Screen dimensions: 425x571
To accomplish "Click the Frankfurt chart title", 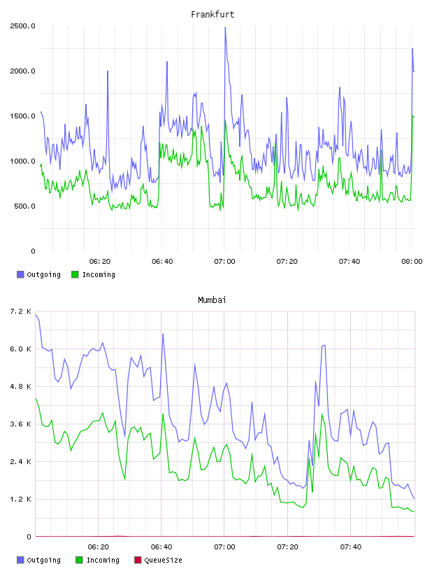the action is (212, 15).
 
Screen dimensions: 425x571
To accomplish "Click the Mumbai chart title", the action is (212, 300).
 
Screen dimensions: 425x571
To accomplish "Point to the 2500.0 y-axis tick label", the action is (22, 26).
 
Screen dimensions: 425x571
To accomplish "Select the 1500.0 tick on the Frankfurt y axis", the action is (22, 116).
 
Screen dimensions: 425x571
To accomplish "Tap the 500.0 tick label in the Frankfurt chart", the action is (24, 206).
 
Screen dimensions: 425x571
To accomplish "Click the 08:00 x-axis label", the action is (412, 262).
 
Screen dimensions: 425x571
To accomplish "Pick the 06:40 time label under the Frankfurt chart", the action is (162, 262).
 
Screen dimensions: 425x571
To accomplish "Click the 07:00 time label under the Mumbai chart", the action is (224, 547).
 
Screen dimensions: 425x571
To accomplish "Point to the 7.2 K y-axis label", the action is (20, 311).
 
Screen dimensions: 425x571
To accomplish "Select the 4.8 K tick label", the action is (20, 386).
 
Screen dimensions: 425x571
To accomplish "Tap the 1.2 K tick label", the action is (20, 499).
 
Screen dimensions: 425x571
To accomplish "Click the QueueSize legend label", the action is (163, 560).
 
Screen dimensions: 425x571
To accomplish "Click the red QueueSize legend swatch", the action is (138, 560).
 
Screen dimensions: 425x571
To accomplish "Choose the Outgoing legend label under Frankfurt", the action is (43, 274).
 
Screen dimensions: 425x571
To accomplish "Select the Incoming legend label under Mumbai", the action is (103, 560).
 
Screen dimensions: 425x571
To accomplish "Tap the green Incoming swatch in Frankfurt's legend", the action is (75, 274).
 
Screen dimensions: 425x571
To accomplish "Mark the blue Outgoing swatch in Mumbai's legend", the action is (20, 560).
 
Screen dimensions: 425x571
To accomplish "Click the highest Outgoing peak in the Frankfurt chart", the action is (225, 27).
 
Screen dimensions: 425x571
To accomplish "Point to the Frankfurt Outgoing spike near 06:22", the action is (108, 71).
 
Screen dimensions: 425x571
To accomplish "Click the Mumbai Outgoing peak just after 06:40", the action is (163, 334).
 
